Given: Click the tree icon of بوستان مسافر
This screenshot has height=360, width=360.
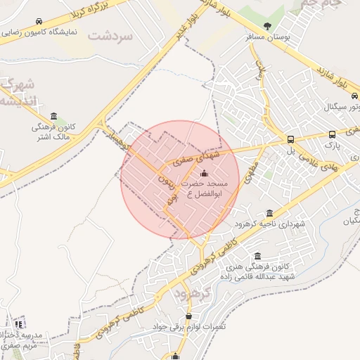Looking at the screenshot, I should (266, 27).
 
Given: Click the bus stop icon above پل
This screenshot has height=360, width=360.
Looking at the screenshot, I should (291, 139).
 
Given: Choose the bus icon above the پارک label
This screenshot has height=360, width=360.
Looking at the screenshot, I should (332, 134).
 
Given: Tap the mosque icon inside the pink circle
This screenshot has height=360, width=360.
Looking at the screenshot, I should (205, 173).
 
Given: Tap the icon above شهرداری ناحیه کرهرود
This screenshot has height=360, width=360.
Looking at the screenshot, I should (270, 214).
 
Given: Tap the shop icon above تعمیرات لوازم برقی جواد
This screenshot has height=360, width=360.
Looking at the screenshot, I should (188, 316).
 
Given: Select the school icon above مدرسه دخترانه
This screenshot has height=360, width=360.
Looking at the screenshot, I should (19, 324).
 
